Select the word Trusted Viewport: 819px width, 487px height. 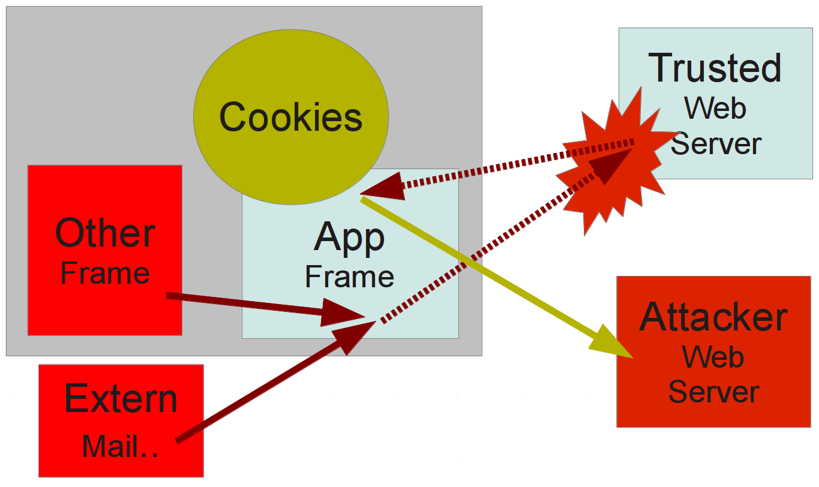click(715, 68)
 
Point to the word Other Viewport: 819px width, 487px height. click(105, 233)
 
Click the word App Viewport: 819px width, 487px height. click(349, 238)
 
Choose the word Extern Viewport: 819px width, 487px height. click(121, 399)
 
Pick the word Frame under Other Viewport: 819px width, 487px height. click(105, 273)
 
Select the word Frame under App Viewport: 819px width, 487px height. click(349, 276)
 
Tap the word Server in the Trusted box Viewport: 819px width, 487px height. click(715, 144)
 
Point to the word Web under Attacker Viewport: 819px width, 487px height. click(713, 357)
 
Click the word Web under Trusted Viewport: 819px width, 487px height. click(715, 108)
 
